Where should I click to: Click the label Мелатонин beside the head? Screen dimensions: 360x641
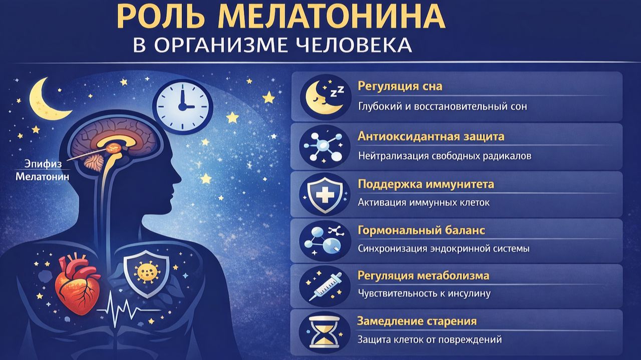(x=43, y=177)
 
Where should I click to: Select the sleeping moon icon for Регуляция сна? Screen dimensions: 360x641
(x=324, y=96)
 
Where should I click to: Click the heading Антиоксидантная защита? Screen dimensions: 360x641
(x=431, y=136)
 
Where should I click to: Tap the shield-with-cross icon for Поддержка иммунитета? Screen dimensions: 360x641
(x=325, y=194)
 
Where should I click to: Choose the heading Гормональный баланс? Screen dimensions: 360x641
(x=421, y=231)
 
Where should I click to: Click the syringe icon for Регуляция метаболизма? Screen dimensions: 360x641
(x=325, y=286)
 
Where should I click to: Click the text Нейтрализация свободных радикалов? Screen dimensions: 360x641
(x=445, y=156)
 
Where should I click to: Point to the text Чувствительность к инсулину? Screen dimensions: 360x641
(x=424, y=293)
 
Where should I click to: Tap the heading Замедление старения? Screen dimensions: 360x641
(x=417, y=321)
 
